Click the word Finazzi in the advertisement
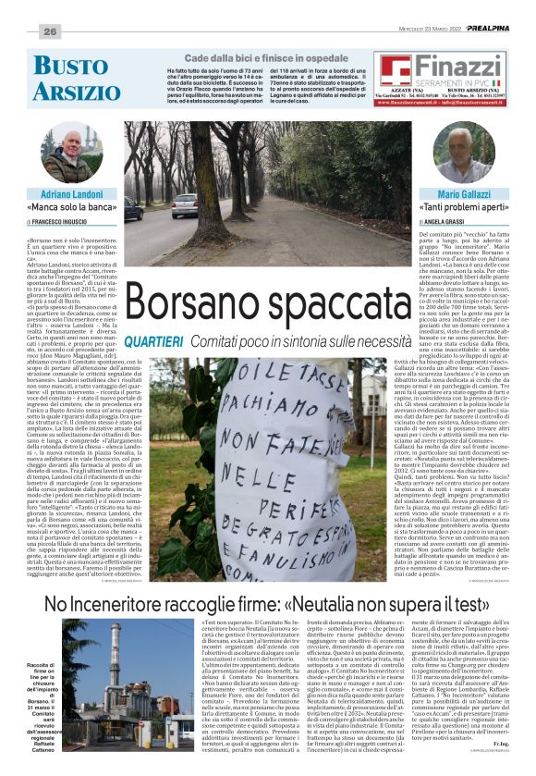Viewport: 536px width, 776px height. (458, 67)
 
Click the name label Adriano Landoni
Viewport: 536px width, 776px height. (71, 195)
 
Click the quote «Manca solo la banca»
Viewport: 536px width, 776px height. (71, 209)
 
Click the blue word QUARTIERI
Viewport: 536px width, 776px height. (154, 342)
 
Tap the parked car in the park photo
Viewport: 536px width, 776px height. (184, 205)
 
